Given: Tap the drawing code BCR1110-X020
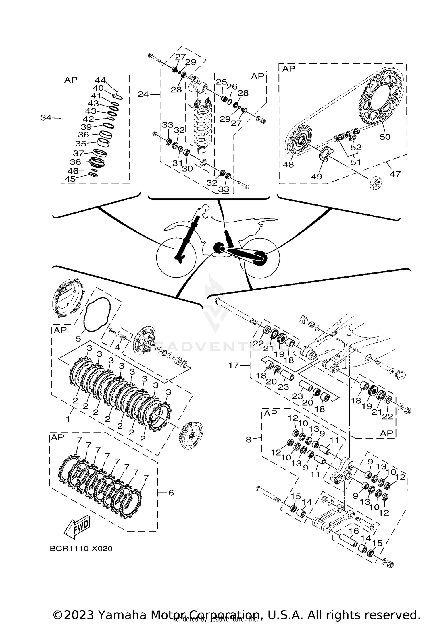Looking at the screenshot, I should click(81, 549).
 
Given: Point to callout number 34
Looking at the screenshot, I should click(46, 117).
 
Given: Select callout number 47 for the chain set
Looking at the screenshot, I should click(395, 174).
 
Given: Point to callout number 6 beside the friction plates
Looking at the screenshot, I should click(171, 493).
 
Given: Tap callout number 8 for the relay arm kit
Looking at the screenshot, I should click(249, 439).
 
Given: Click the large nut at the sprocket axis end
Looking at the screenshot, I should click(376, 183).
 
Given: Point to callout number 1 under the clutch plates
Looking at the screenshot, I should click(68, 419).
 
